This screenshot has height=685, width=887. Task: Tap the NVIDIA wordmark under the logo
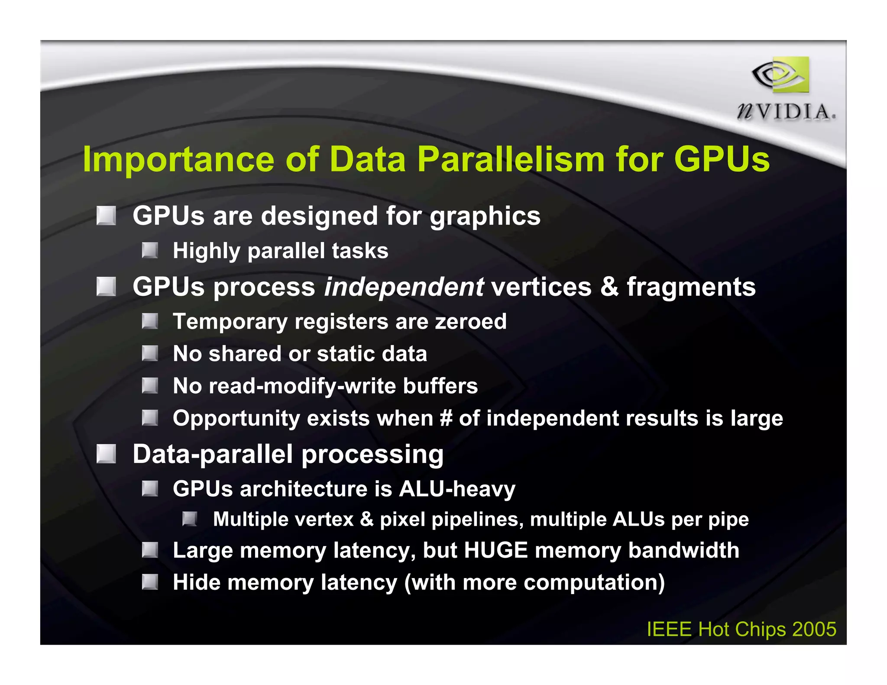[x=786, y=112]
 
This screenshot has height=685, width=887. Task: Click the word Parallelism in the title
[x=511, y=159]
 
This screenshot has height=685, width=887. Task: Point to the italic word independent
[x=404, y=287]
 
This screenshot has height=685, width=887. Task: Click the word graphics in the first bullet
[x=485, y=216]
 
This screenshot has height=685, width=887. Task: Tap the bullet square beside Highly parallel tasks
[x=150, y=250]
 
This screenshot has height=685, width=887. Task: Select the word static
[x=345, y=353]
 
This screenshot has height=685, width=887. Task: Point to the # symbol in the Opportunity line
[x=446, y=418]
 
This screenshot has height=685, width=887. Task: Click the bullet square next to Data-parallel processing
[x=106, y=454]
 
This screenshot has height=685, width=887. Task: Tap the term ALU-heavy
[x=457, y=489]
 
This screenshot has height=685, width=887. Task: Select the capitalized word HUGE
[x=496, y=550]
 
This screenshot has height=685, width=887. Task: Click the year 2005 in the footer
[x=814, y=629]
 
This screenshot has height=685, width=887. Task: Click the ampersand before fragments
[x=609, y=287]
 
